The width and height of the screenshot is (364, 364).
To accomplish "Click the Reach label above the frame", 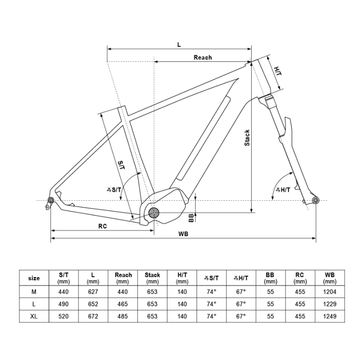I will (x=202, y=58).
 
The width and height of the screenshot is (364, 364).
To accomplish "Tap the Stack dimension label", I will (x=247, y=138).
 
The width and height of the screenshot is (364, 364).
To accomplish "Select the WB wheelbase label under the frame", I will (x=183, y=234).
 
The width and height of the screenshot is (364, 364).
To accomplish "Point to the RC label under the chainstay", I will (x=102, y=226).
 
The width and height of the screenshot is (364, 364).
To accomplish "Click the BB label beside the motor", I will (x=191, y=217).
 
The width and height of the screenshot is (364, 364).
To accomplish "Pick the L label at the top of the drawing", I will (x=179, y=45).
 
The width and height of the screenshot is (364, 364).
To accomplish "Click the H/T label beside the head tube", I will (x=278, y=71).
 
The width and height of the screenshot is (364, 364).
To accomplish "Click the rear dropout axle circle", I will (x=51, y=200).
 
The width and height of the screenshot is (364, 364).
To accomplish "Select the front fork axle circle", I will (x=315, y=200).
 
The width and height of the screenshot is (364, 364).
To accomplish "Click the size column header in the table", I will (x=34, y=278).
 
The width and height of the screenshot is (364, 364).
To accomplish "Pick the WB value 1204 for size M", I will (x=330, y=291).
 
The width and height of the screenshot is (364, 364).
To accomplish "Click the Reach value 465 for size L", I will (x=123, y=304).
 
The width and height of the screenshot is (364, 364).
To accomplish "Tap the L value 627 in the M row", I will (x=93, y=291).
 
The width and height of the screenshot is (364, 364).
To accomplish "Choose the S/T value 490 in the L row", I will (x=63, y=304).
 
